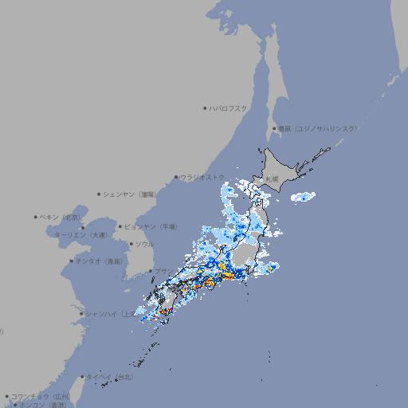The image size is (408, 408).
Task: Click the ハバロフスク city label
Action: [x=229, y=108]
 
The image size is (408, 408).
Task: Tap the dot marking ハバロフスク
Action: [x=205, y=108]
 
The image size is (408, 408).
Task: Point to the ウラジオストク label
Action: [x=202, y=177]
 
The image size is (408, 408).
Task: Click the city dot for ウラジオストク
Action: [x=176, y=177]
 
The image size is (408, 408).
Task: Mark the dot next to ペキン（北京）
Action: [x=36, y=217]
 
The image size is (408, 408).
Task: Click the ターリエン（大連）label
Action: [x=80, y=236]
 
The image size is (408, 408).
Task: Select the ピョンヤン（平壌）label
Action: [x=151, y=226]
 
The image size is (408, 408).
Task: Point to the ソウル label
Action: [x=144, y=244]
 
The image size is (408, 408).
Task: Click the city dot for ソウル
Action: [x=131, y=244]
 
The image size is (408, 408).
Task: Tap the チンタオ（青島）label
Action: [x=99, y=261]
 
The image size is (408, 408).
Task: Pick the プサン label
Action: [x=161, y=271]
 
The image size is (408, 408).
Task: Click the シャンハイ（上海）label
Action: [x=109, y=313]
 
